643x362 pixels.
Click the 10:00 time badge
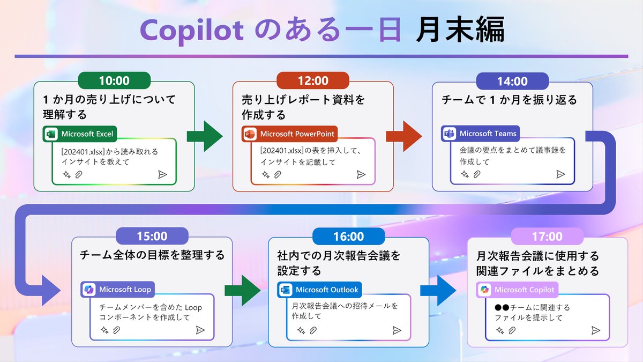[114, 81]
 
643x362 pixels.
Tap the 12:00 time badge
[313, 81]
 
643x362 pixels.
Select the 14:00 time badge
[512, 81]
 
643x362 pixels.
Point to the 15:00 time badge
[152, 237]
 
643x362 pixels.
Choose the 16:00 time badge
[348, 237]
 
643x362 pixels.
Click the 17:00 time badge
[547, 237]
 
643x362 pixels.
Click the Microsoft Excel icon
[51, 134]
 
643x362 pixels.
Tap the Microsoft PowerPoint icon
[250, 134]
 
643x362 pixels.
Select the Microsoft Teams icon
[449, 134]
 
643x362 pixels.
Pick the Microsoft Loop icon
[88, 290]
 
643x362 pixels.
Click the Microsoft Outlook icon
[285, 290]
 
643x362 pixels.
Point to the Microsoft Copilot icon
[484, 290]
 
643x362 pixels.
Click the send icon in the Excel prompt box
[162, 175]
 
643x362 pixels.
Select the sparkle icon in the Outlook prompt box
[301, 330]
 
